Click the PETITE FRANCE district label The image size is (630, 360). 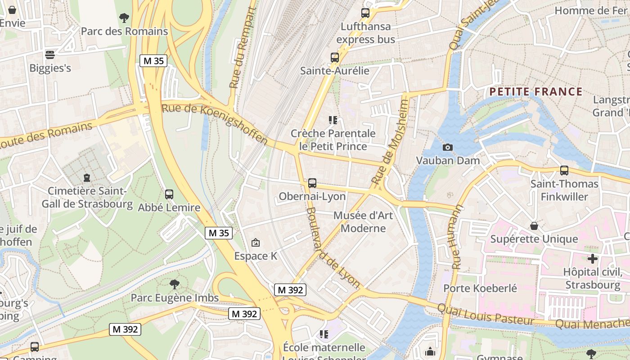(x=535, y=92)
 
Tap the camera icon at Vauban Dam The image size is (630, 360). (x=447, y=147)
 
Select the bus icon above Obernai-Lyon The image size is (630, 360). (x=312, y=183)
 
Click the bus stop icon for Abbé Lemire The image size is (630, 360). (x=169, y=194)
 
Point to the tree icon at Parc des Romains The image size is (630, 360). (x=124, y=18)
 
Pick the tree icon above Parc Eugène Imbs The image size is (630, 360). (x=175, y=284)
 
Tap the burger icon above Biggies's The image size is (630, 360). (x=50, y=55)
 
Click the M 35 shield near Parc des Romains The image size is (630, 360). (x=153, y=61)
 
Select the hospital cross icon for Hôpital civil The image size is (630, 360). (x=593, y=259)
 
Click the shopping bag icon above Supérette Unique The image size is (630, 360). (x=534, y=225)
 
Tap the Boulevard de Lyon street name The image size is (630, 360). (x=333, y=248)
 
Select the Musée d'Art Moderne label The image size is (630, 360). (x=363, y=222)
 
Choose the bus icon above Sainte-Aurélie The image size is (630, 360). (x=334, y=58)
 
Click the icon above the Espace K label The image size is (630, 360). (x=256, y=243)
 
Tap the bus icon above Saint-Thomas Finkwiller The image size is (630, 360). (x=564, y=171)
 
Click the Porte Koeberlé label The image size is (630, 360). (x=480, y=288)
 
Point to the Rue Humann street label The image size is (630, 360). (x=457, y=237)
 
